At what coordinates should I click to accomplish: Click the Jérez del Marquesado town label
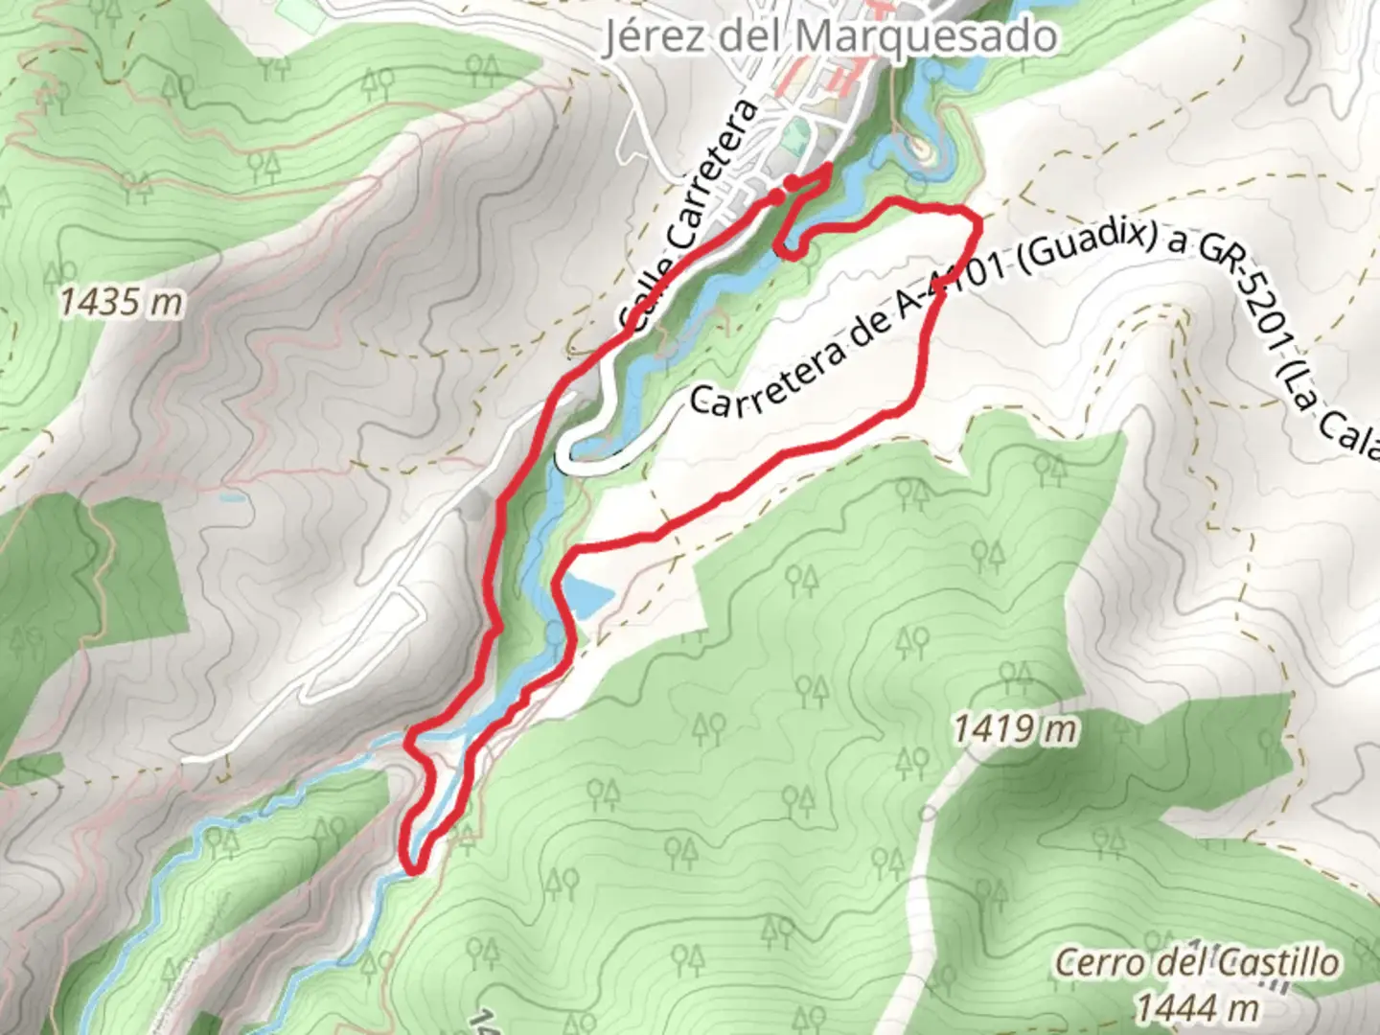[830, 36]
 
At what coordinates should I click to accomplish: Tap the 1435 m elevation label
[121, 303]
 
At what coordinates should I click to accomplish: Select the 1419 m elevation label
[1014, 730]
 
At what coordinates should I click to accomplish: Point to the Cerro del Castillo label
[1196, 962]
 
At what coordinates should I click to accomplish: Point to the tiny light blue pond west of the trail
[230, 498]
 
